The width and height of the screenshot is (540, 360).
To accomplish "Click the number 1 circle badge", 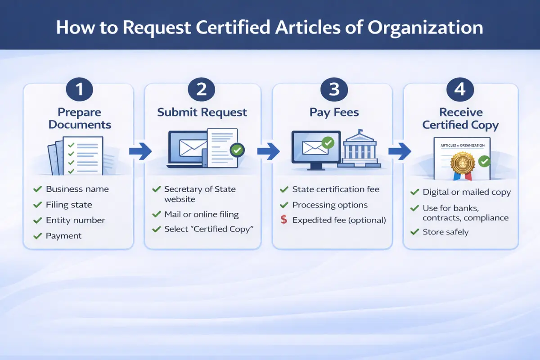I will pyautogui.click(x=79, y=89).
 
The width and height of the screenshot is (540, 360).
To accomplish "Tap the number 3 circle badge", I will pyautogui.click(x=334, y=89).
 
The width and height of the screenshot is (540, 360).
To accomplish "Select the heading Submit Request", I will pyautogui.click(x=202, y=112).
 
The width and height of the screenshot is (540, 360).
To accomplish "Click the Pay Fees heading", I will pyautogui.click(x=334, y=112).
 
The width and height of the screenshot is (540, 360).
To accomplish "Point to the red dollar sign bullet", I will pyautogui.click(x=283, y=220).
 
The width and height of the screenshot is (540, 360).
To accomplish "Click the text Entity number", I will pyautogui.click(x=75, y=220).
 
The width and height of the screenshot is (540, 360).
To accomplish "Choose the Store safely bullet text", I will pyautogui.click(x=445, y=232).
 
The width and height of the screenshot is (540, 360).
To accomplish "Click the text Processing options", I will pyautogui.click(x=330, y=205).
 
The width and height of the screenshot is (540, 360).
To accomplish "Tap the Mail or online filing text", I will pyautogui.click(x=201, y=214).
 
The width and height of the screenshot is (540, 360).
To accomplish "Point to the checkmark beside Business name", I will pyautogui.click(x=37, y=189).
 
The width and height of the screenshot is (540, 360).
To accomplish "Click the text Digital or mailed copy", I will pyautogui.click(x=467, y=192).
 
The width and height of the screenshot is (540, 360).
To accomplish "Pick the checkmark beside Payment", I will pyautogui.click(x=37, y=236).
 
